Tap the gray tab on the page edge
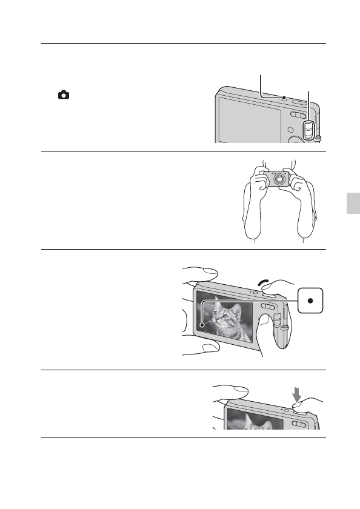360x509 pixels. click(x=354, y=212)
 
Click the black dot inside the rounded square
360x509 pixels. click(x=310, y=301)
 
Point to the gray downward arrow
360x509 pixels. click(x=296, y=396)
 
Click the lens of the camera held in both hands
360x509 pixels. click(x=279, y=179)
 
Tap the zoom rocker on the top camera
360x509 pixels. click(x=297, y=116)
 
